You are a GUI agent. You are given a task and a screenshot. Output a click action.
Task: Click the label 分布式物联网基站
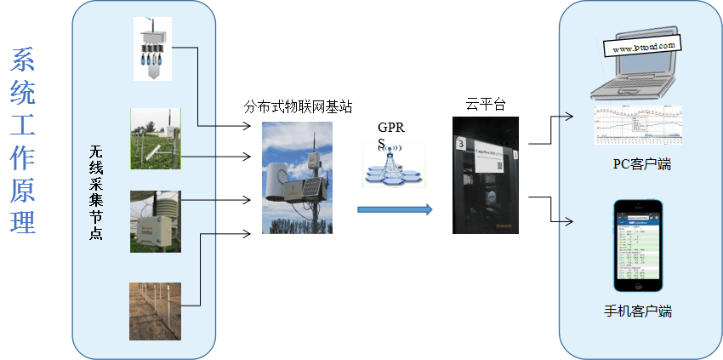(x=298, y=107)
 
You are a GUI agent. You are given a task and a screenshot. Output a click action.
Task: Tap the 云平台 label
(x=486, y=104)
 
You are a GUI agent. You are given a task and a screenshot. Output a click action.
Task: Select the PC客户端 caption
(x=642, y=164)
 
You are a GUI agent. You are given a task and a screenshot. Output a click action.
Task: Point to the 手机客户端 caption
(x=637, y=311)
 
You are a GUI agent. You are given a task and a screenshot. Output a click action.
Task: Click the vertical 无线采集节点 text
(x=96, y=192)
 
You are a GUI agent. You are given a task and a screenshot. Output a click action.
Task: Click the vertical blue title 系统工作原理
(x=23, y=141)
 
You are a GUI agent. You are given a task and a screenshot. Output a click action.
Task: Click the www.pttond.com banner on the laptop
(x=644, y=47)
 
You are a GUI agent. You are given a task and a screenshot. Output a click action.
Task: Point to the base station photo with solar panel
(x=296, y=178)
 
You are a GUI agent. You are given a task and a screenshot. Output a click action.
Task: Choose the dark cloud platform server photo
(x=485, y=175)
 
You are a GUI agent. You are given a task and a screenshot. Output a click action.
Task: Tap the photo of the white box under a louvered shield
(x=156, y=221)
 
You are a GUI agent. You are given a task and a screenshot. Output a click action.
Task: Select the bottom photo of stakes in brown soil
(x=155, y=311)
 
